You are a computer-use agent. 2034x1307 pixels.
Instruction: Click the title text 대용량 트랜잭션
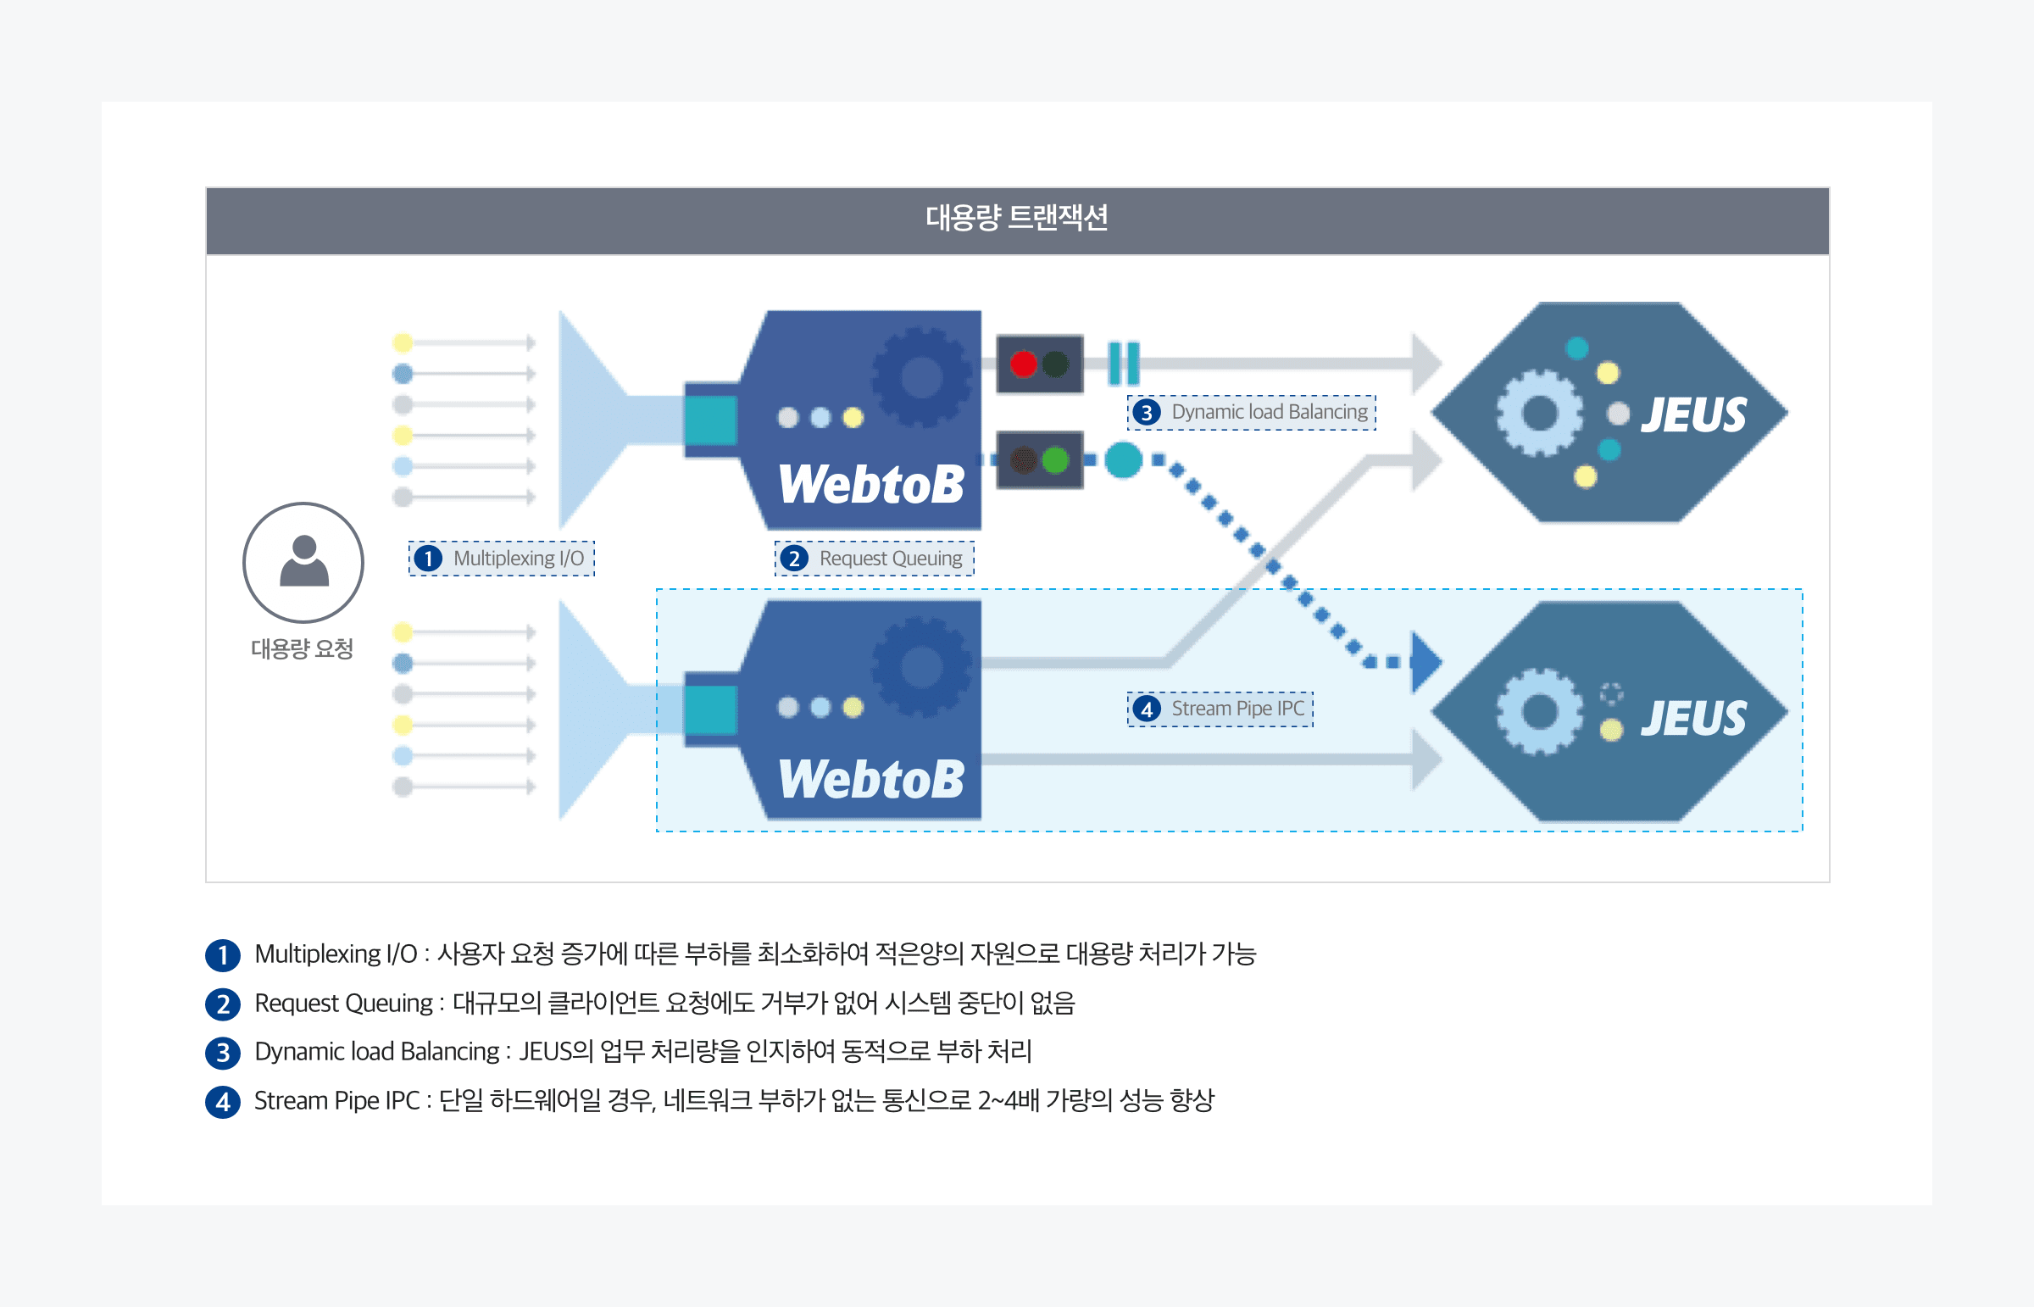click(x=1016, y=218)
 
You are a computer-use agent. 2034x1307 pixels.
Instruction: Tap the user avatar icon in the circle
click(x=303, y=562)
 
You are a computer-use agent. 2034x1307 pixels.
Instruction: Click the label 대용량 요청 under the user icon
click(x=302, y=649)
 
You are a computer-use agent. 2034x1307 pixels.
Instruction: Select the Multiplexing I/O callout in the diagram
click(x=502, y=559)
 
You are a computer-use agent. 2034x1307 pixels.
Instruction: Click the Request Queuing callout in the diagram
click(x=874, y=559)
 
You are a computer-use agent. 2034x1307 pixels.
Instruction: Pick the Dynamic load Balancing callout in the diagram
click(x=1252, y=413)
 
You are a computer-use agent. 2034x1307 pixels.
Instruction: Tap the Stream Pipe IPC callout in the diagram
click(x=1220, y=709)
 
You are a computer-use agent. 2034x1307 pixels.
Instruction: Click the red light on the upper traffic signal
click(x=1024, y=364)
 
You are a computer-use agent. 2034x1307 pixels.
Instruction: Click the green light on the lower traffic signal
click(x=1056, y=460)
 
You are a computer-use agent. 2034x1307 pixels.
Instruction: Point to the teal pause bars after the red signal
click(x=1124, y=364)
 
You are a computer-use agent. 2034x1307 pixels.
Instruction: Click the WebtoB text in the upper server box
click(x=871, y=485)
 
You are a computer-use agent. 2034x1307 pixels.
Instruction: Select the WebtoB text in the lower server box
click(x=871, y=779)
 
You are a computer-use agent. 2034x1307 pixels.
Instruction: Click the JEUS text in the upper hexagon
click(x=1693, y=416)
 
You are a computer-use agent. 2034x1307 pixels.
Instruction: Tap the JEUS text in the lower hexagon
click(x=1693, y=719)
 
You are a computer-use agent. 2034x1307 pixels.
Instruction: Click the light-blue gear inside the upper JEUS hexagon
click(x=1539, y=414)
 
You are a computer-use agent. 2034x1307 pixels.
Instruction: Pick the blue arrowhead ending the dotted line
click(x=1425, y=661)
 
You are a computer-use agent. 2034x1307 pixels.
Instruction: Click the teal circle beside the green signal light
click(x=1124, y=460)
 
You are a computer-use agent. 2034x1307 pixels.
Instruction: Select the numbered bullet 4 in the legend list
click(x=222, y=1102)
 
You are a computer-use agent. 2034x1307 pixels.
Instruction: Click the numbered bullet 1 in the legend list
click(x=222, y=954)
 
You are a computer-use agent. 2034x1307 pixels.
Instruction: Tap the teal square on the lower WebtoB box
click(x=710, y=709)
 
